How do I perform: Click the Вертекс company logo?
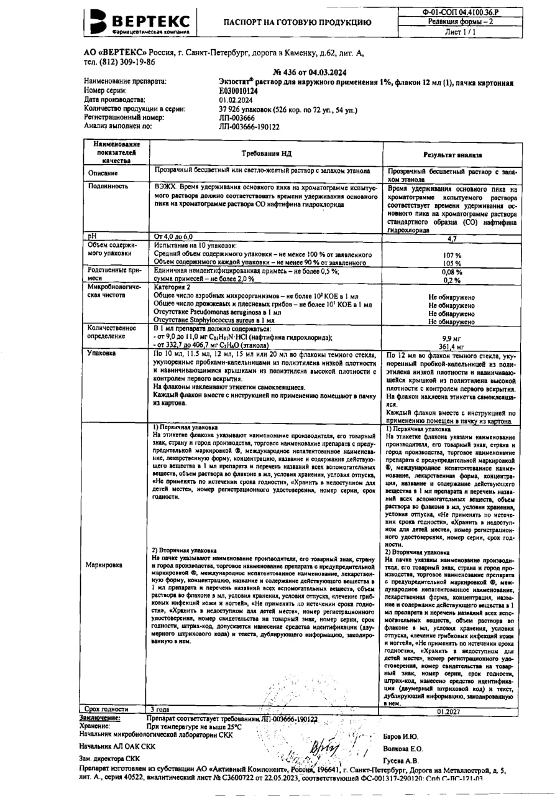140,22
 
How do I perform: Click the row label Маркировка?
105,565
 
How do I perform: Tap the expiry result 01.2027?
449,711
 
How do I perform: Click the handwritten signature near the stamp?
326,744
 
